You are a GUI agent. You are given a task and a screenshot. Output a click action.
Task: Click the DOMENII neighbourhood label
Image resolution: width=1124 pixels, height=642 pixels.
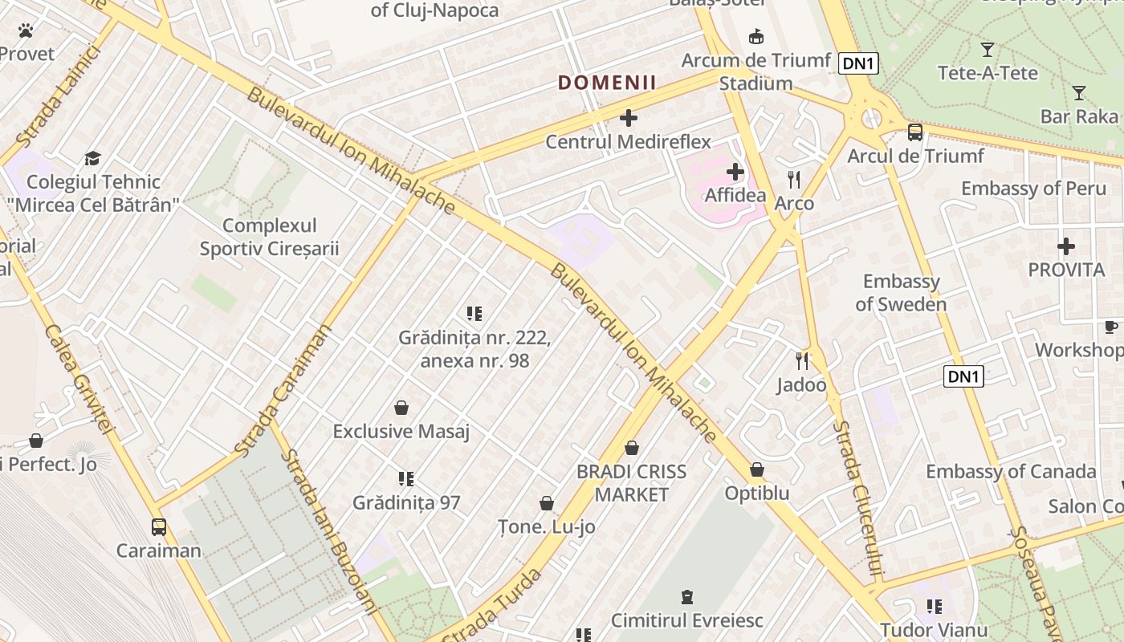607,82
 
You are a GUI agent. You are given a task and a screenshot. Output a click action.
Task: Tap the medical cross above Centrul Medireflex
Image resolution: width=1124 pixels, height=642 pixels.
629,119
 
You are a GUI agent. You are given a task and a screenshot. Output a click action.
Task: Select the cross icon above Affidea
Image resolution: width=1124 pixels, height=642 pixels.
735,172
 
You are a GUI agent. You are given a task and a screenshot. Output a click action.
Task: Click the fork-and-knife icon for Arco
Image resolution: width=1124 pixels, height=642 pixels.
794,180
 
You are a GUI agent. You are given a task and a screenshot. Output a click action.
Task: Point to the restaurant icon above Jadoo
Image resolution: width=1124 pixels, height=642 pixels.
801,361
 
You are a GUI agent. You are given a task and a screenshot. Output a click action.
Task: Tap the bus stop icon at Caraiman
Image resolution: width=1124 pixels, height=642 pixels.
159,527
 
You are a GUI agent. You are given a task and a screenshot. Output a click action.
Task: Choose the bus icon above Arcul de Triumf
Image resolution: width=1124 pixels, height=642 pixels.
914,132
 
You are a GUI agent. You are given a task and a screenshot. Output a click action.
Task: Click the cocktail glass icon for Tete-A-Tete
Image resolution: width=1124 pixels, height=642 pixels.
988,50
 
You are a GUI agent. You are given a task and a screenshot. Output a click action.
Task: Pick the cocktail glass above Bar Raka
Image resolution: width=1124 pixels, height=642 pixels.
1079,93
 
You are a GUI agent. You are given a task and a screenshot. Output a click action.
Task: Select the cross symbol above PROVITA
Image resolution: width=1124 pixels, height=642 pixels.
1066,246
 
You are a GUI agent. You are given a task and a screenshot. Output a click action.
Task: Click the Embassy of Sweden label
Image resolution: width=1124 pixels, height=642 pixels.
901,293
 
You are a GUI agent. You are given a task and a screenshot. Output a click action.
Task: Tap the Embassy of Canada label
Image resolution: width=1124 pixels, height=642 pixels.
1011,471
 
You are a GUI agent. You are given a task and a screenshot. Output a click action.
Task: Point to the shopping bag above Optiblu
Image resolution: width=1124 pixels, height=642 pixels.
757,469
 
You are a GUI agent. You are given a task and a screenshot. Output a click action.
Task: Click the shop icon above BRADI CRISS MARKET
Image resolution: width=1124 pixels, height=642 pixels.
632,448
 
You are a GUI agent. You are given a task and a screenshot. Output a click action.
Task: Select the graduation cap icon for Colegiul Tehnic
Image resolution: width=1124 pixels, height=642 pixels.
93,158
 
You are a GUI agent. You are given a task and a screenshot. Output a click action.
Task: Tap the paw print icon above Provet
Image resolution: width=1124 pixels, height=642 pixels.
26,31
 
